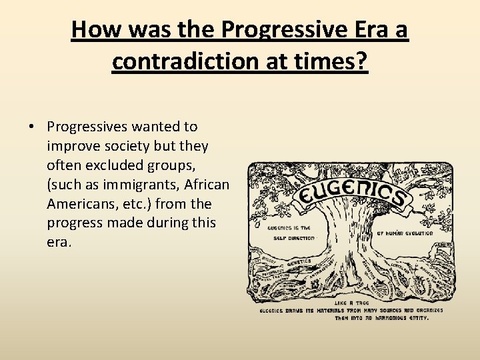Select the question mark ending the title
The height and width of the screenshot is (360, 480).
(x=362, y=61)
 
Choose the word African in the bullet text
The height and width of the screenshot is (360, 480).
(x=205, y=184)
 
